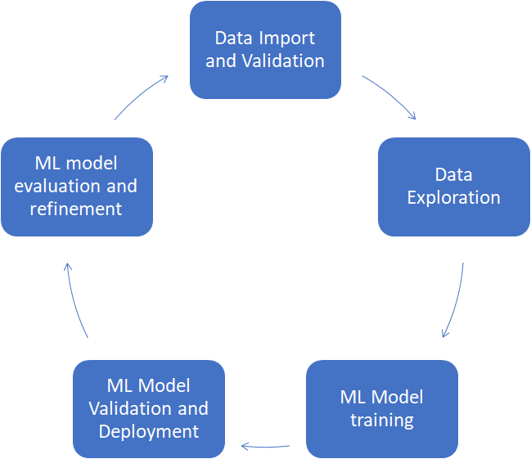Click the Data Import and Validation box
[x=265, y=50]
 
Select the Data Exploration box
[x=453, y=187]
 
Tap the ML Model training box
[x=381, y=409]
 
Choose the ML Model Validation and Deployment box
[x=148, y=409]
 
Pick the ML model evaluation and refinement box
[x=76, y=187]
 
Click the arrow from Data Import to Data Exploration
[x=390, y=97]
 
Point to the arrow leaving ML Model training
[x=265, y=446]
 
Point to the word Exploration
[x=453, y=197]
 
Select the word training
[x=382, y=421]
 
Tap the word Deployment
[x=149, y=430]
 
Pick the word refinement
[x=76, y=209]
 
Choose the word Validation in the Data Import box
[x=287, y=61]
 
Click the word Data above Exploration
[x=453, y=174]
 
